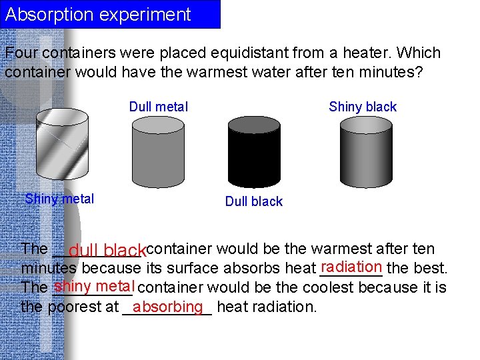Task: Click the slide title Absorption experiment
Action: [x=98, y=15]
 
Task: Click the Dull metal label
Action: [x=159, y=107]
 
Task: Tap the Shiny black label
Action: [x=363, y=107]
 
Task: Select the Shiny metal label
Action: [x=59, y=199]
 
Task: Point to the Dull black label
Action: [x=254, y=201]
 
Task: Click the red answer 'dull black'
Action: [x=107, y=251]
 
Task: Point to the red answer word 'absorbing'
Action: [x=167, y=306]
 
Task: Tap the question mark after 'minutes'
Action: [x=418, y=72]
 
